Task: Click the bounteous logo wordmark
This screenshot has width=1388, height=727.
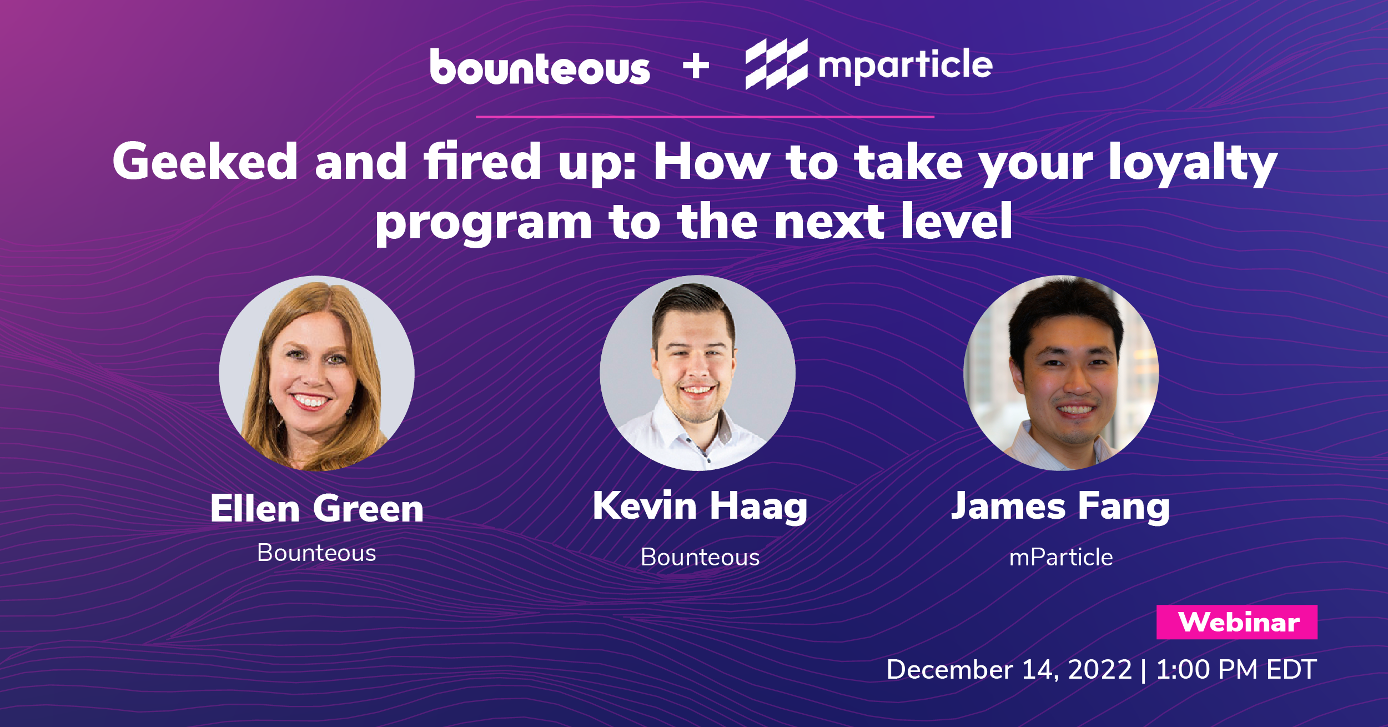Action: tap(540, 67)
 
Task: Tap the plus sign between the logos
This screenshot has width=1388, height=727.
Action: tap(696, 67)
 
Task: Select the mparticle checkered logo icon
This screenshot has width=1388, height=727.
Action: tap(776, 64)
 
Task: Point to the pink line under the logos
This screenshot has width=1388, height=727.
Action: tap(705, 117)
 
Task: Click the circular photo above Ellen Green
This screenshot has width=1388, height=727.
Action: tap(316, 373)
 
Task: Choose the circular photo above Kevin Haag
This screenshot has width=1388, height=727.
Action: tap(697, 373)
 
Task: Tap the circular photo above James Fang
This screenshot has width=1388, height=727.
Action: tap(1061, 373)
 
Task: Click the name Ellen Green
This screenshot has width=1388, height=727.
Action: tap(317, 508)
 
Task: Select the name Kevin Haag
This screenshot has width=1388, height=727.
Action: tap(700, 507)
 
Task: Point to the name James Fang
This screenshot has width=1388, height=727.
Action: tap(1060, 507)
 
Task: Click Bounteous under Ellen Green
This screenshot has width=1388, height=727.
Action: tap(316, 553)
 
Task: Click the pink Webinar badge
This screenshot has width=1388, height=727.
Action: tap(1237, 622)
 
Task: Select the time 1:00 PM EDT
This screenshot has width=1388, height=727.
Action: tap(1236, 669)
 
